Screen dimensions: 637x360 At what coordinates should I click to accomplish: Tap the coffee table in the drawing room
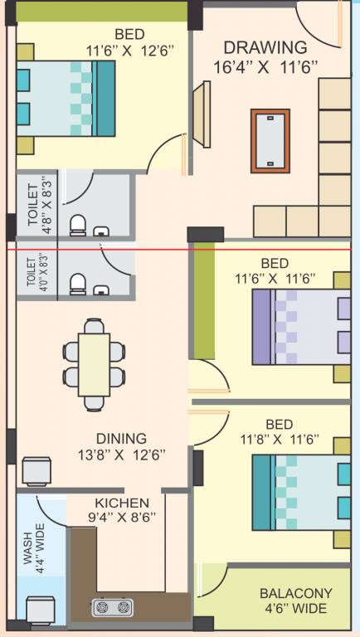pyautogui.click(x=270, y=140)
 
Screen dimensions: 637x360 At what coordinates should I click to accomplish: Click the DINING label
pyautogui.click(x=121, y=438)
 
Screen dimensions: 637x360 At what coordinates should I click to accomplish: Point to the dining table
pyautogui.click(x=94, y=362)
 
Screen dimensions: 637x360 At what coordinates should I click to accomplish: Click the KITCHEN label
pyautogui.click(x=122, y=503)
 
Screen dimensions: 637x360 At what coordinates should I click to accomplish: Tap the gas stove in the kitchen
pyautogui.click(x=114, y=608)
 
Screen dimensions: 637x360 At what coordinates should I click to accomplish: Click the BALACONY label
pyautogui.click(x=296, y=594)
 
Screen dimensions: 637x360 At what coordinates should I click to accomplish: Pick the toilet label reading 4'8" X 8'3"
pyautogui.click(x=39, y=206)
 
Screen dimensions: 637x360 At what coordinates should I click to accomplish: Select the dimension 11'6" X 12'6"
pyautogui.click(x=129, y=50)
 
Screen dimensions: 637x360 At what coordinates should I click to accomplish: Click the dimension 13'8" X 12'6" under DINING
pyautogui.click(x=121, y=455)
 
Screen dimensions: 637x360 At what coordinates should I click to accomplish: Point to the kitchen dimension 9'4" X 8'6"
pyautogui.click(x=122, y=517)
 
